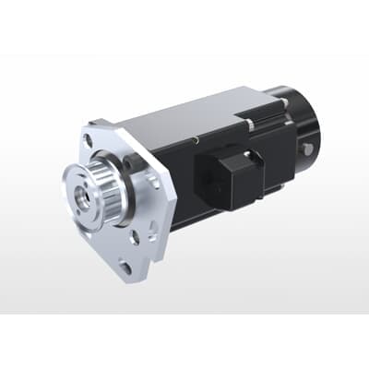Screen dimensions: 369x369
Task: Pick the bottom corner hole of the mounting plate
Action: pyautogui.click(x=125, y=267)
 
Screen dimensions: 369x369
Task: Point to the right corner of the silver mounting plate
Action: pyautogui.click(x=173, y=189)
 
